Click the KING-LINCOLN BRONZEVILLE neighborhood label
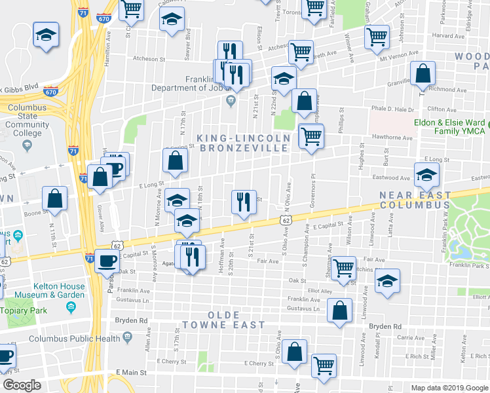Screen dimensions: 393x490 pos(242,143)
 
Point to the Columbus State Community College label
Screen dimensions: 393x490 pos(23,124)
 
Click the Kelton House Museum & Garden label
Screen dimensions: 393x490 pos(43,291)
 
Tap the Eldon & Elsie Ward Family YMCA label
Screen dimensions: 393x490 pos(449,126)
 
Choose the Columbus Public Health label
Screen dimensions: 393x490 pos(74,339)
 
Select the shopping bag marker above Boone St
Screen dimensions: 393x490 pos(55,198)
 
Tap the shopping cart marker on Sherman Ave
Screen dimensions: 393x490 pos(343,268)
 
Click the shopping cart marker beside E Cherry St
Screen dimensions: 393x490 pos(324,366)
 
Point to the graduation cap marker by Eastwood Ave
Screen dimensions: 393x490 pos(426,174)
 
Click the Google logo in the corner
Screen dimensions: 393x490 pos(22,385)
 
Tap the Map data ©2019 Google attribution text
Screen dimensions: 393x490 pos(449,387)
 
